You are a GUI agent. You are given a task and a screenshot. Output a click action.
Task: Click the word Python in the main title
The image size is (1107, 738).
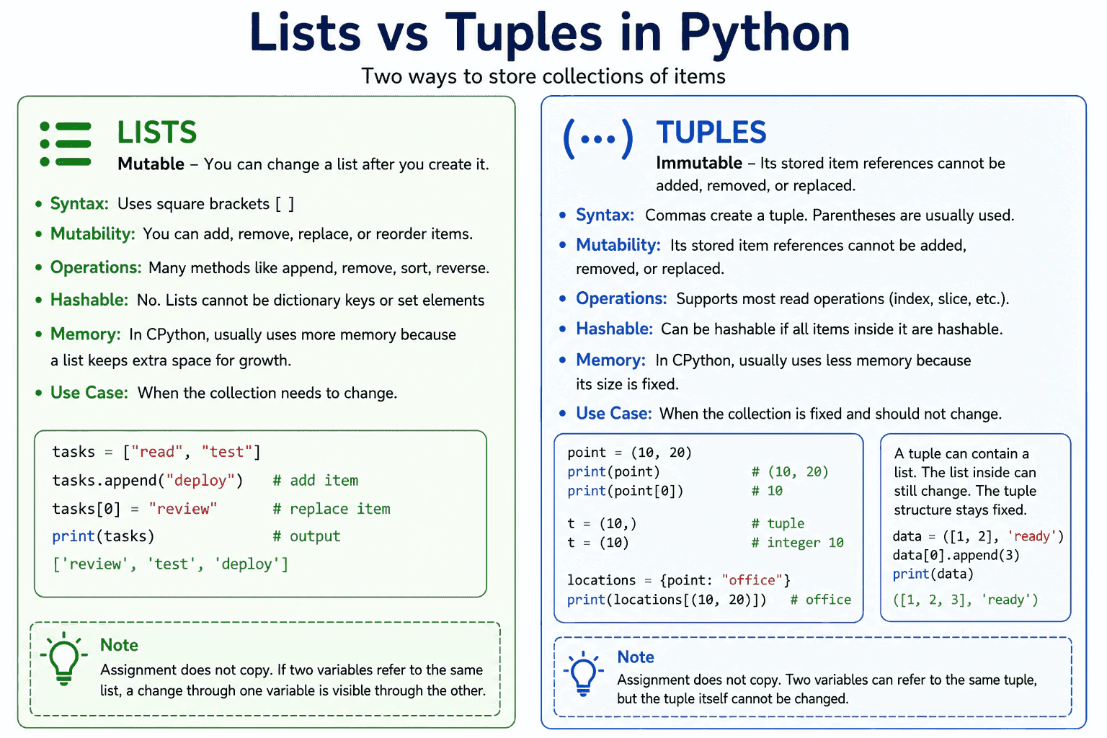click(x=764, y=34)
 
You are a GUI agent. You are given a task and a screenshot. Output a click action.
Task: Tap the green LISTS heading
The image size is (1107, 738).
click(x=156, y=132)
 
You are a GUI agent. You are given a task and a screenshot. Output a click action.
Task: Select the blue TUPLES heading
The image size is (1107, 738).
click(x=711, y=132)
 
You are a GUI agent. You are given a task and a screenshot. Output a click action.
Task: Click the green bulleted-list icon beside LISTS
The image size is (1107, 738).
click(x=66, y=144)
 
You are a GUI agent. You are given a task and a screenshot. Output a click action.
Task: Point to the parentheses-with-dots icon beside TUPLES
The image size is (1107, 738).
click(x=598, y=139)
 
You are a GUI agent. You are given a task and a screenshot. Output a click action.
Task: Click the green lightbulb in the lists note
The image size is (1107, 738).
click(x=63, y=658)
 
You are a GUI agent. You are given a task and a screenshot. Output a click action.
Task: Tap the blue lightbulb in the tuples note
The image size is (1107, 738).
click(x=583, y=672)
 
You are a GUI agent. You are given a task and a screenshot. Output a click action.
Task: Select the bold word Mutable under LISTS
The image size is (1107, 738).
click(x=151, y=164)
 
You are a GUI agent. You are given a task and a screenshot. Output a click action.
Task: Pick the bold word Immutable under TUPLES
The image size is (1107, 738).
click(x=699, y=163)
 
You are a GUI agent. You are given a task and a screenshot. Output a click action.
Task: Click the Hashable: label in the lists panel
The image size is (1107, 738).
click(x=89, y=300)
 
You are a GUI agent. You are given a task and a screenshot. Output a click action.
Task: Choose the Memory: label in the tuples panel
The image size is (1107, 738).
click(x=611, y=360)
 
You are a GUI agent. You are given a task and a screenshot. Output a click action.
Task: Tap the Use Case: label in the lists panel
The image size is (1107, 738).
click(x=89, y=393)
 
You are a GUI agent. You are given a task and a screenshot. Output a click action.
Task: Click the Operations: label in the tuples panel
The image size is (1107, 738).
click(x=621, y=298)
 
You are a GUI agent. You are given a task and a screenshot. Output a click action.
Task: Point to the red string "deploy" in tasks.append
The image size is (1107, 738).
click(x=200, y=481)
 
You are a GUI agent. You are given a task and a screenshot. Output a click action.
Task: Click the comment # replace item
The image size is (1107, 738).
click(x=332, y=509)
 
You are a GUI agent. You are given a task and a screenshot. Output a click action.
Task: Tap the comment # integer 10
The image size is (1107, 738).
click(x=798, y=543)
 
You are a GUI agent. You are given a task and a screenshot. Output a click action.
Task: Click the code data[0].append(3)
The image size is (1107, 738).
click(x=956, y=555)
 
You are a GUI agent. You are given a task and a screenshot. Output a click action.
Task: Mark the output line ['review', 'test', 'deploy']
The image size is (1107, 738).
click(x=171, y=564)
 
